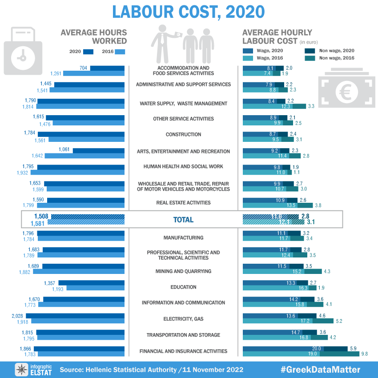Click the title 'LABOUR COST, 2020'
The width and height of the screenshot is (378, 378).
(x=188, y=12)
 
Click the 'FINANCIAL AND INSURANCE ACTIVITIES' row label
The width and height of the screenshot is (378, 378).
(x=183, y=351)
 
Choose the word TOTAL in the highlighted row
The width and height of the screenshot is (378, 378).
(x=183, y=220)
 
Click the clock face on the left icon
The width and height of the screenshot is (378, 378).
(x=20, y=58)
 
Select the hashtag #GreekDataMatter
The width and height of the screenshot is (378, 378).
(x=321, y=370)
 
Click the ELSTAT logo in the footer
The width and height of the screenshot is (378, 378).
(x=33, y=370)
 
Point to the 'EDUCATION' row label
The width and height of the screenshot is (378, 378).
(x=183, y=287)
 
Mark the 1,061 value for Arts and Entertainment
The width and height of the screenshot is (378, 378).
(x=64, y=149)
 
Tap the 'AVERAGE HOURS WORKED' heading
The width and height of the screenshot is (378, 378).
(x=94, y=37)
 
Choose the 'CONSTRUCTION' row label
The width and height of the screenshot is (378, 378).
(x=183, y=135)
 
